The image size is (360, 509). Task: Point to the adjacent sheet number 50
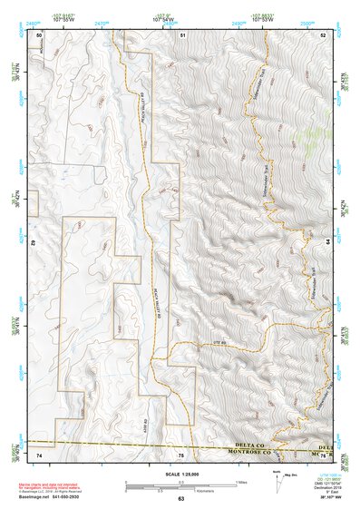click(39, 34)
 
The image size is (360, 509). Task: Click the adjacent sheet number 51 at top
click(182, 34)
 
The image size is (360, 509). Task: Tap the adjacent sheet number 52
click(323, 34)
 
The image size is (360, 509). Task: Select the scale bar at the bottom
click(181, 484)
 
